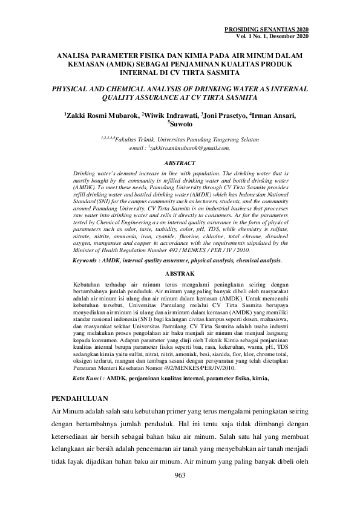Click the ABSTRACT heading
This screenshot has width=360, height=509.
(180, 163)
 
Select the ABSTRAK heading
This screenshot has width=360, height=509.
(180, 273)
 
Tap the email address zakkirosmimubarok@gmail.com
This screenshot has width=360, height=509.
(191, 147)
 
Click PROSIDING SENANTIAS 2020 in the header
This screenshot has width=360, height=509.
(266, 30)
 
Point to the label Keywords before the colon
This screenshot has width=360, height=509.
(89, 260)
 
